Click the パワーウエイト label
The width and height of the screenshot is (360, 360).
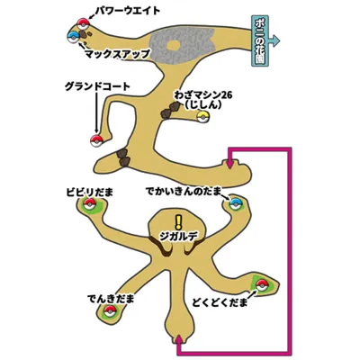[128, 11]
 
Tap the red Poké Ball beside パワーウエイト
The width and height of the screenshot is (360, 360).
[84, 23]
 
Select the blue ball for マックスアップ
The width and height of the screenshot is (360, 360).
[74, 37]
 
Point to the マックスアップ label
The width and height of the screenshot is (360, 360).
[117, 54]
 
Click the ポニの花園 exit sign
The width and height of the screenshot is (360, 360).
[260, 40]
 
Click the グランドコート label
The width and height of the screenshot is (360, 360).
[97, 87]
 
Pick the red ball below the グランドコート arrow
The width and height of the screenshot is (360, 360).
[96, 140]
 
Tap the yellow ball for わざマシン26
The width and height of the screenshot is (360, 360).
[202, 117]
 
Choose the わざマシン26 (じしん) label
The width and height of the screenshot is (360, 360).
[203, 100]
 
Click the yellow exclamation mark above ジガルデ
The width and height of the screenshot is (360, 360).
[179, 223]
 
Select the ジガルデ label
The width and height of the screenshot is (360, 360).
[179, 238]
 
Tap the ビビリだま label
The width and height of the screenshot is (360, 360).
[90, 193]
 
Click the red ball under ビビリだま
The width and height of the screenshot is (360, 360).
[89, 204]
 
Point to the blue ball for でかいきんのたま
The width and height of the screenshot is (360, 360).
[236, 204]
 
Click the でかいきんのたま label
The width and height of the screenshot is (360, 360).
[184, 192]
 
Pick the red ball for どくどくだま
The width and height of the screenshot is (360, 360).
[262, 285]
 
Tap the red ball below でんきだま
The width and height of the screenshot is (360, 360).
[110, 311]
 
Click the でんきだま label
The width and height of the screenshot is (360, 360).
[111, 299]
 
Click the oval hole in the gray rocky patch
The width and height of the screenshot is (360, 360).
[174, 46]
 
